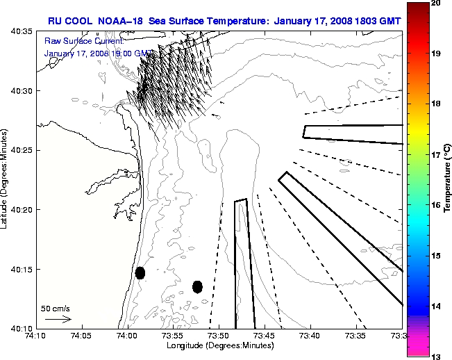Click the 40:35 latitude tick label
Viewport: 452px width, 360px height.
(x=21, y=32)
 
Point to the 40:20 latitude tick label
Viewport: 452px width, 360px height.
(x=21, y=210)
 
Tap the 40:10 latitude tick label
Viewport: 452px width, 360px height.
(x=21, y=328)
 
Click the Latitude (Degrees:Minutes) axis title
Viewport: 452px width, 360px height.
(x=6, y=179)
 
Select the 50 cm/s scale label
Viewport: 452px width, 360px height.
(x=55, y=308)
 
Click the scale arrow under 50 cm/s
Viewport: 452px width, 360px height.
(x=58, y=319)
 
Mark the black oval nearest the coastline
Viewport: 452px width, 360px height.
(x=140, y=272)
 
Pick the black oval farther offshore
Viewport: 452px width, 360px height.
(x=197, y=286)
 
